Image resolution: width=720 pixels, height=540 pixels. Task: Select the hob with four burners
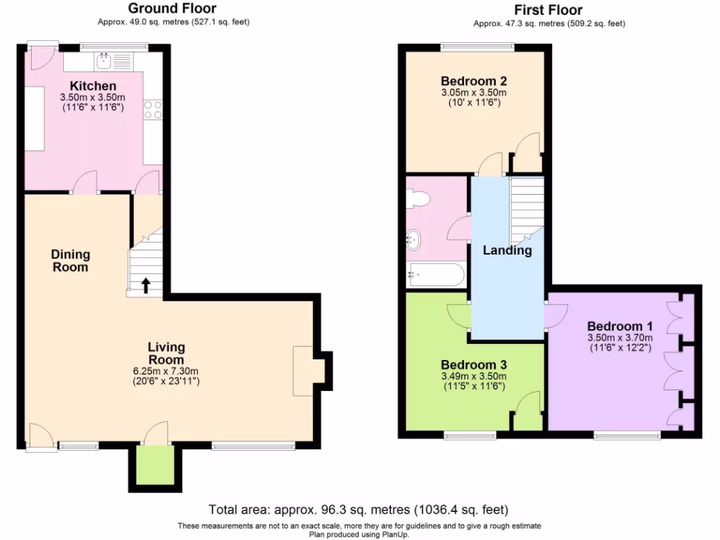coord(152,109)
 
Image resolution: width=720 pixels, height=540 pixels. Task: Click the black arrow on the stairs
coord(146,285)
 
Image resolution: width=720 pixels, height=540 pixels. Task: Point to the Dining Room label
coord(70,261)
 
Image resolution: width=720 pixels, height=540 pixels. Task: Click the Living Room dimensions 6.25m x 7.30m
coord(166,371)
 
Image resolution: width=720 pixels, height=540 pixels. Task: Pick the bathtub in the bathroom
coord(435,275)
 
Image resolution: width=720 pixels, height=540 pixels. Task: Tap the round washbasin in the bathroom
coord(413,240)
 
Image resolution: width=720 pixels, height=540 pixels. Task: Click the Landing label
coord(507,250)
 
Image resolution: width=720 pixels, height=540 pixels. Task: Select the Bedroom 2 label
coord(474,80)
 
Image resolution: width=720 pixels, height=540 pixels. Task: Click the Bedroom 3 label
coord(474,365)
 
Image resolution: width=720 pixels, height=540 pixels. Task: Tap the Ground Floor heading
coord(172,9)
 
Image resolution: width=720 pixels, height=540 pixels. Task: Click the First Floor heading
coord(548,10)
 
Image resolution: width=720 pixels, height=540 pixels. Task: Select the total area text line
coord(359,509)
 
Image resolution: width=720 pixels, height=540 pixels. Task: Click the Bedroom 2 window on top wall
coord(477,47)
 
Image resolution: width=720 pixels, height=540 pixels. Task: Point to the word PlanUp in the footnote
coord(394,534)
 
